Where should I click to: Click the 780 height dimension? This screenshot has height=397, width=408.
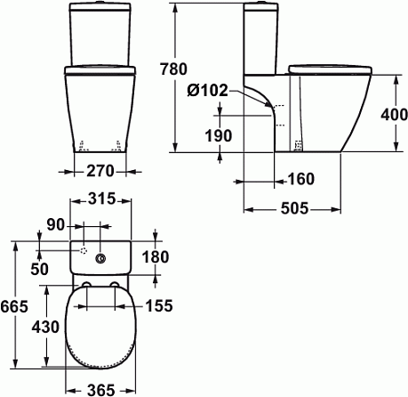173,69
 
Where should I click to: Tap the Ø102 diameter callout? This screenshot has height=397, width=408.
208,90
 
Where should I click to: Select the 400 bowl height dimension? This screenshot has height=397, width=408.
394,115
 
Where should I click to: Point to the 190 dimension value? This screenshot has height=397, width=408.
219,135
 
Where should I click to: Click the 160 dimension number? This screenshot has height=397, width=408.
300,179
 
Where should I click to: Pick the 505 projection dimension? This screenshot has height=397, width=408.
294,208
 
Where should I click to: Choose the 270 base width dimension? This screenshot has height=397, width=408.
100,171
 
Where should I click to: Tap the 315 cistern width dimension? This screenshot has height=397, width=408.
101,198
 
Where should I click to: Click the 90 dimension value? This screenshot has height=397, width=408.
55,225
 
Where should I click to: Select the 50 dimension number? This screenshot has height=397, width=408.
39,269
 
